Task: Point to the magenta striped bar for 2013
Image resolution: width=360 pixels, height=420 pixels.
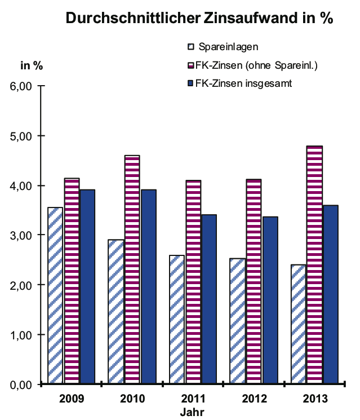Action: pos(315,265)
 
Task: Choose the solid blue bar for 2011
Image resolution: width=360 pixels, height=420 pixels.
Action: pos(209,299)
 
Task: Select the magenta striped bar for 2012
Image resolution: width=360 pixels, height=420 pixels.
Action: pos(254,282)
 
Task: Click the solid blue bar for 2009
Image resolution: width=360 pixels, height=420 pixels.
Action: pos(87,287)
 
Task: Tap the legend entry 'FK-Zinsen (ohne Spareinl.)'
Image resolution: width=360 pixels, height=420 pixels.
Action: pos(253,65)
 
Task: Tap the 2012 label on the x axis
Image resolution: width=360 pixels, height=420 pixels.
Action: pos(254,399)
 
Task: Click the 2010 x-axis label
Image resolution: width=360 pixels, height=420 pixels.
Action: pos(132,399)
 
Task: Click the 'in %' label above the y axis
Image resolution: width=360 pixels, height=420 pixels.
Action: pos(32,65)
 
